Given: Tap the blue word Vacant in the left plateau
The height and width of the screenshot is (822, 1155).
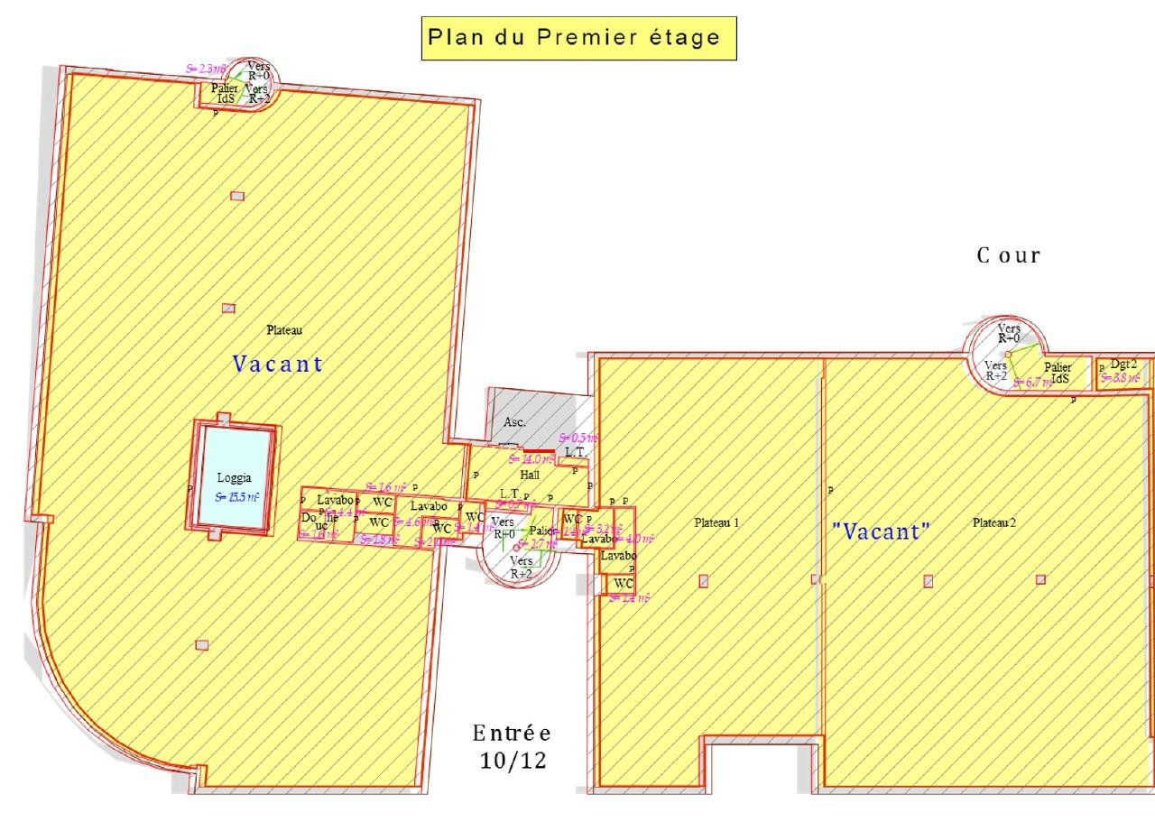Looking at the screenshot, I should pos(278,365).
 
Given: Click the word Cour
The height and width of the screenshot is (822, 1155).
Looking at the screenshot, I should pos(1009,255).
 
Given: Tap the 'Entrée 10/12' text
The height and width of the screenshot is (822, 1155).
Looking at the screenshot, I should pos(512,747).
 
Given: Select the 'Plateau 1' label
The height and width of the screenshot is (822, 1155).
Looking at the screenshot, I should pos(716,522).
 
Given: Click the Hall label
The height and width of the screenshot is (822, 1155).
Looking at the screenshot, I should pos(530,474).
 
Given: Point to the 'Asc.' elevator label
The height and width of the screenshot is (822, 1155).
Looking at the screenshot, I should pos(513,421).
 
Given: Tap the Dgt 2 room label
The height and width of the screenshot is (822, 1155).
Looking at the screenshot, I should pos(1123,364).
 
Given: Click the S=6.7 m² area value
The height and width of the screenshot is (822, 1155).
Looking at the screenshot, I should pos(1030,383).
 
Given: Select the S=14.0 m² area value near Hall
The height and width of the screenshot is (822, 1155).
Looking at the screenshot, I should pos(531,459).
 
